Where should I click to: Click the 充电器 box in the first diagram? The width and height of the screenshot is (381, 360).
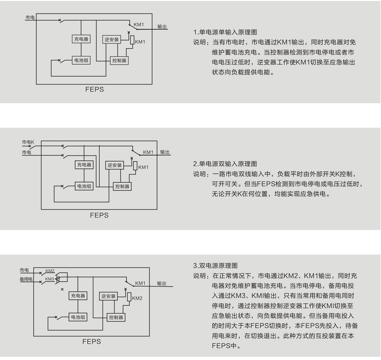[x=81, y=39]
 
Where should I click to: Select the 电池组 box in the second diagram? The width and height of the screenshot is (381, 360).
[x=84, y=186]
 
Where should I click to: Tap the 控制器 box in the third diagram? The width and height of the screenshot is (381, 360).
[x=116, y=317]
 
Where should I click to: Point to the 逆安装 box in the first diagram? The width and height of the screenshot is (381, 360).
[x=111, y=39]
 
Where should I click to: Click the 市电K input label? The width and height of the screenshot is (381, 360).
[x=28, y=142]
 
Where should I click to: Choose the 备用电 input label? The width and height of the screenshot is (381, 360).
[x=26, y=279]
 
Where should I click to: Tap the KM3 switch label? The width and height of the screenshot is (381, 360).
[x=50, y=279]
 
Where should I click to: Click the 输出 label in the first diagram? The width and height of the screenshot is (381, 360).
[x=162, y=27]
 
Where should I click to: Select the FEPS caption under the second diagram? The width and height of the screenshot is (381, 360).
[x=99, y=215]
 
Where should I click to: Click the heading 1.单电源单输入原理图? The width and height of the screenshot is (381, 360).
[x=225, y=32]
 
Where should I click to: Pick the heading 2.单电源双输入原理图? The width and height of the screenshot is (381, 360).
[x=225, y=164]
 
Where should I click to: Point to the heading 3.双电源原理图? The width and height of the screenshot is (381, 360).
[x=215, y=266]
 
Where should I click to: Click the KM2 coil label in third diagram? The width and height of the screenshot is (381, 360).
[x=137, y=298]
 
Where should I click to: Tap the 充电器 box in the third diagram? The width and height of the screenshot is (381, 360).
[x=78, y=296]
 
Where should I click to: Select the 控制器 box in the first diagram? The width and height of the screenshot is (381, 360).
[x=119, y=61]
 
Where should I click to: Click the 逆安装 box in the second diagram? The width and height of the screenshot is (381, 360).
[x=114, y=165]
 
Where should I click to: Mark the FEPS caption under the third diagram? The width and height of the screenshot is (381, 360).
[x=92, y=341]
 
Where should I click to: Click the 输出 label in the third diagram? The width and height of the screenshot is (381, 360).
[x=161, y=283]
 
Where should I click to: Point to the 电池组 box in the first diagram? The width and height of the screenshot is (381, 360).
[x=81, y=60]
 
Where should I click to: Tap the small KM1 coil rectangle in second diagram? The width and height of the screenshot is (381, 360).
[x=135, y=166]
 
